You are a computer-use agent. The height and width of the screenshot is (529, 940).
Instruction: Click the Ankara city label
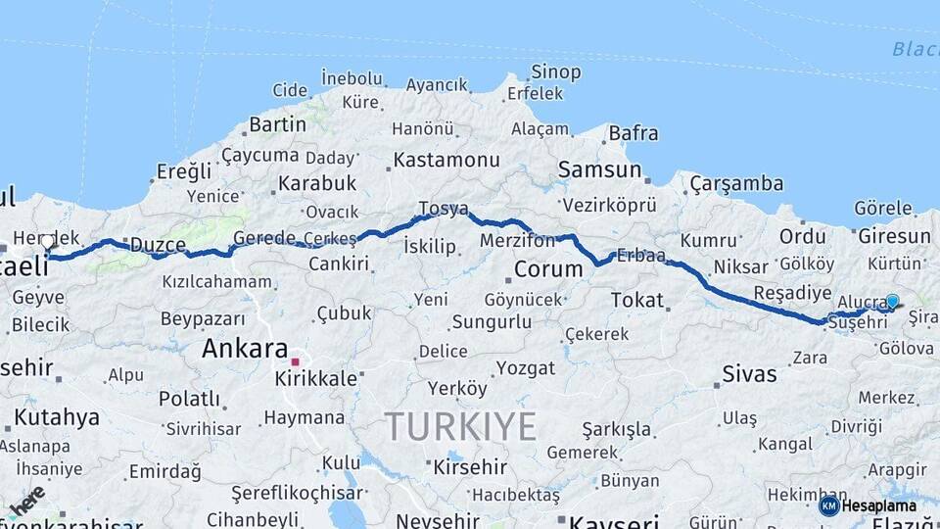(x=245, y=349)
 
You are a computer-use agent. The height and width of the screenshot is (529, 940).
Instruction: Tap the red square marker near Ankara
(x=295, y=361)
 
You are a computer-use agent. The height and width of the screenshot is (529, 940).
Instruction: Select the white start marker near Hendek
(x=47, y=241)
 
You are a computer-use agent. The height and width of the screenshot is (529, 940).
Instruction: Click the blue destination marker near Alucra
(x=892, y=302)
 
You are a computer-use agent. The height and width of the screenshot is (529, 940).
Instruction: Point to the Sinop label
(x=555, y=72)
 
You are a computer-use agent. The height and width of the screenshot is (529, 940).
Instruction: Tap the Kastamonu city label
(x=446, y=160)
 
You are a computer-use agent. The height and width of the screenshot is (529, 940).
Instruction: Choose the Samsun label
(x=599, y=169)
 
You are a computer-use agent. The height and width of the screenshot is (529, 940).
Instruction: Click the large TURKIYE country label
(x=460, y=427)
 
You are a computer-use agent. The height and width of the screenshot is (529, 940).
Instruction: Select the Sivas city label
(x=749, y=373)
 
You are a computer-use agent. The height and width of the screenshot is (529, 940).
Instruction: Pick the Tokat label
(x=636, y=301)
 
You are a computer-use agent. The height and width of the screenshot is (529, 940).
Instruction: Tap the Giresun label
(x=894, y=237)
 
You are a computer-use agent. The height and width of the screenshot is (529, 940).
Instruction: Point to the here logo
(x=26, y=501)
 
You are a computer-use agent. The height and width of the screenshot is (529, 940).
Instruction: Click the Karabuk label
(x=317, y=183)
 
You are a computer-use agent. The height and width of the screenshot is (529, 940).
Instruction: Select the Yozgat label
(x=525, y=368)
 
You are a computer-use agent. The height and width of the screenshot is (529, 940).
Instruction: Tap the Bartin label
(x=277, y=124)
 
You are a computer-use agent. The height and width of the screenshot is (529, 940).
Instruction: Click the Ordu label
(x=802, y=237)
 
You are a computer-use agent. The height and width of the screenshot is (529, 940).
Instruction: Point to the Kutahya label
(x=57, y=417)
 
